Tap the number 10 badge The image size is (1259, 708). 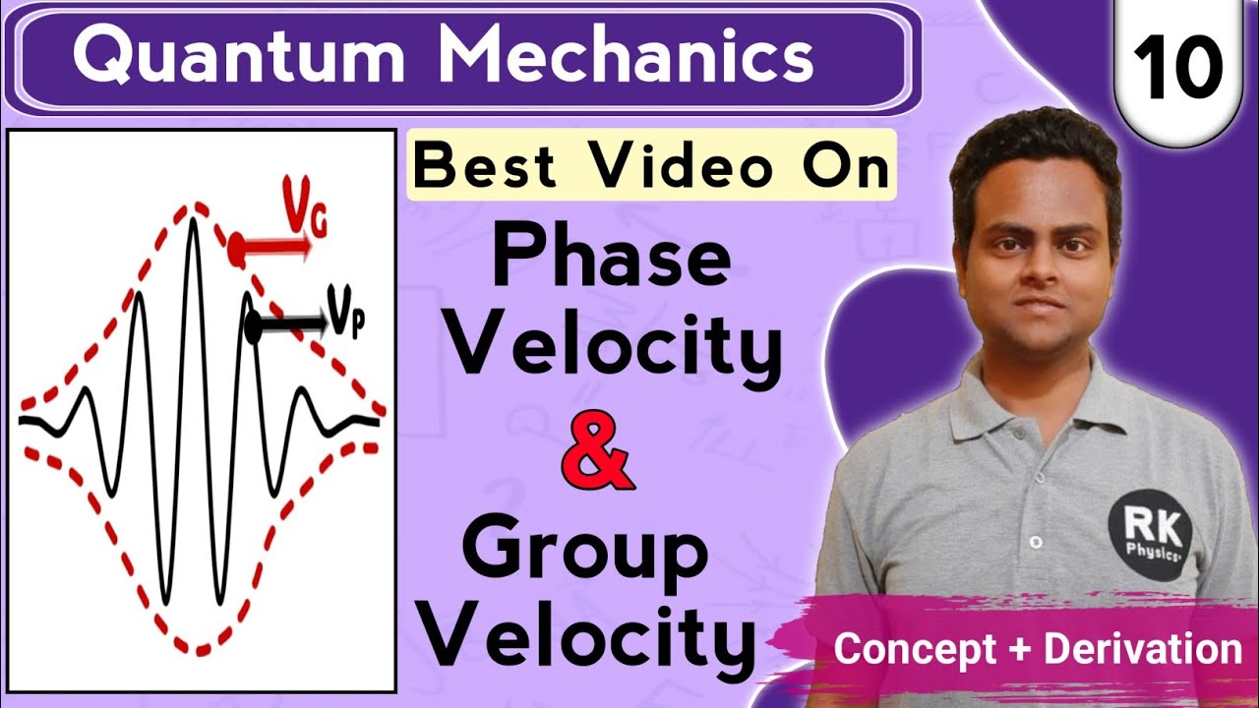point(1176,66)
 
